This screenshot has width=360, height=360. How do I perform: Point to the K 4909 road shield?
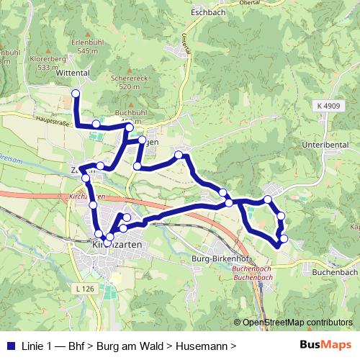click(x=327, y=106)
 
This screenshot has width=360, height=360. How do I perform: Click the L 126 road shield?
click(x=85, y=288)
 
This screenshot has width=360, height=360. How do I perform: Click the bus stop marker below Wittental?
click(x=76, y=93)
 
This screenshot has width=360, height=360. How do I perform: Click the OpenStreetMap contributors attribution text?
click(x=297, y=323)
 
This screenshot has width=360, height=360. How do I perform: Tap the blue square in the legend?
click(x=9, y=346)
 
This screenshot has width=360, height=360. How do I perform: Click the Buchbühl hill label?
click(x=130, y=113)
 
